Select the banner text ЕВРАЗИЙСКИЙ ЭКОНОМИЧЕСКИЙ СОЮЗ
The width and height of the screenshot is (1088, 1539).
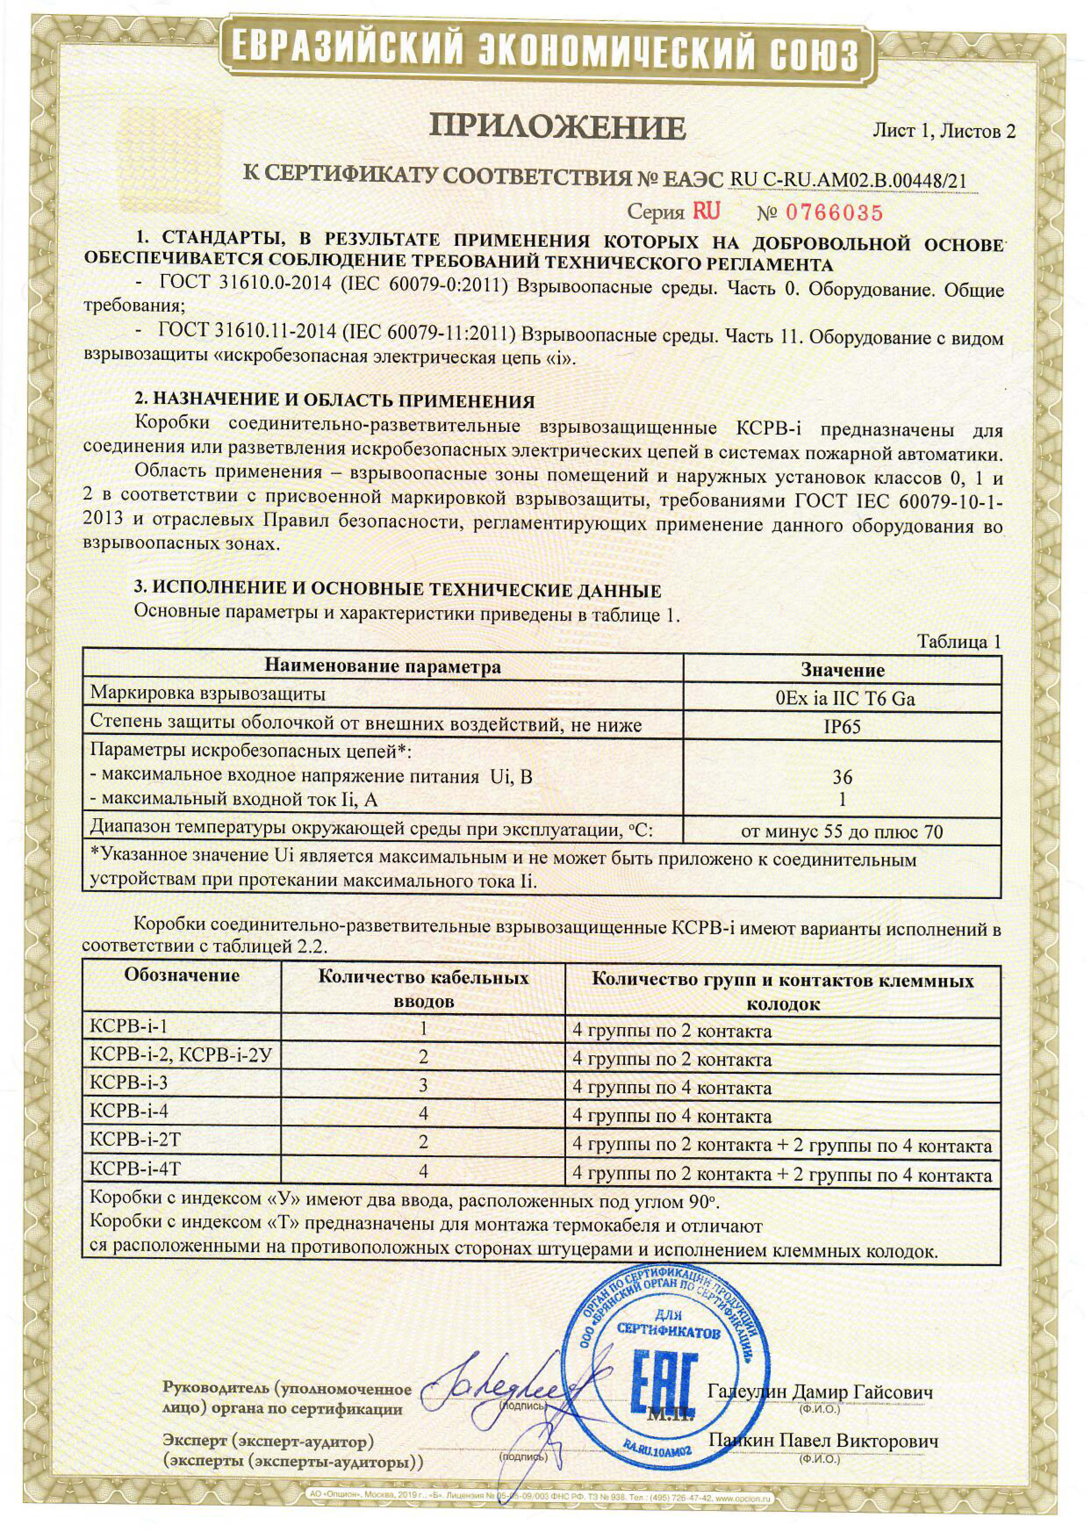point(544,50)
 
